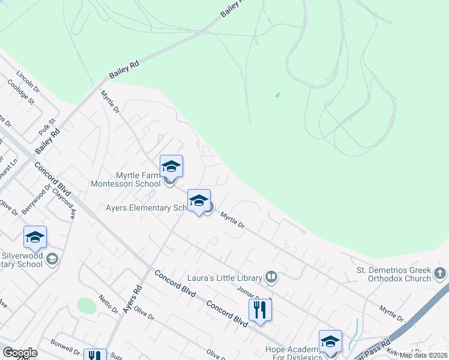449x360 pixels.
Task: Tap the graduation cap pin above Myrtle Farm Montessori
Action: click(171, 166)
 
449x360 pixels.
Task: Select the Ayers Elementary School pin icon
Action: click(199, 201)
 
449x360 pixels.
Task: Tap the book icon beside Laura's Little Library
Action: click(271, 277)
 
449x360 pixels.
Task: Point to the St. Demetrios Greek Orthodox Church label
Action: click(393, 274)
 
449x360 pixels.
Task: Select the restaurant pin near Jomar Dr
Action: click(260, 310)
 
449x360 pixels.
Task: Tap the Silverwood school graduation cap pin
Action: click(35, 238)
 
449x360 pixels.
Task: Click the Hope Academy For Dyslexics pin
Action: click(330, 341)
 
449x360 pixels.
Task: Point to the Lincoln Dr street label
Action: click(28, 82)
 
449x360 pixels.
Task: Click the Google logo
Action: click(20, 353)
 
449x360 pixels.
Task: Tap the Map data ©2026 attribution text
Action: click(423, 355)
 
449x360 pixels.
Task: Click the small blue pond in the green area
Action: click(277, 95)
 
